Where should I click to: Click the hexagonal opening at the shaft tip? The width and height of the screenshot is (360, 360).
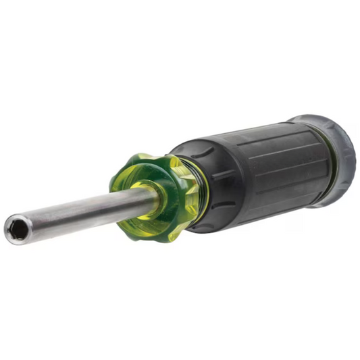(x=17, y=230)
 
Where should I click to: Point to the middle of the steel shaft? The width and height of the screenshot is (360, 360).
(x=81, y=211)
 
